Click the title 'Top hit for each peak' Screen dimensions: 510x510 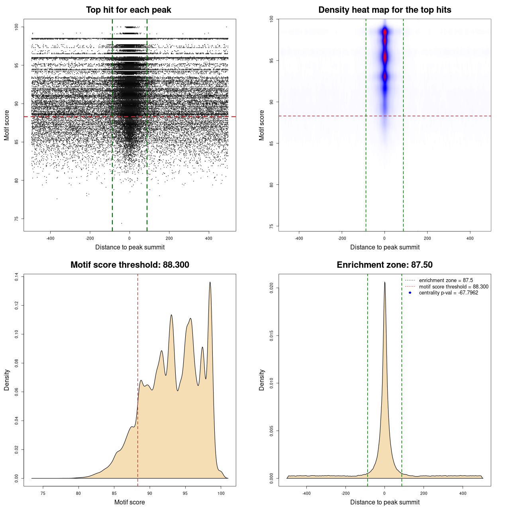click(x=128, y=10)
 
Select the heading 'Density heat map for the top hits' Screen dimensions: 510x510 click(x=384, y=10)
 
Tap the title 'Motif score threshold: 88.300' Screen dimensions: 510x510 click(x=129, y=265)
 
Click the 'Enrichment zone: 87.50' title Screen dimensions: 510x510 click(x=384, y=265)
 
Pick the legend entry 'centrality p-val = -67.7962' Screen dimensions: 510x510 click(x=448, y=293)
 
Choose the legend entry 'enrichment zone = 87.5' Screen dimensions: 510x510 click(x=446, y=280)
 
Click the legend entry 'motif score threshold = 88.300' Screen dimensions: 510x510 click(x=453, y=287)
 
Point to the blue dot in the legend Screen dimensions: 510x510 click(x=410, y=293)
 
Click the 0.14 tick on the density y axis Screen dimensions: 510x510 click(x=16, y=277)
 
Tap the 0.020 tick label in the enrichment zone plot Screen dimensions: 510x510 click(x=271, y=288)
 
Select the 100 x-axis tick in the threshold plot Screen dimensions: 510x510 click(x=221, y=493)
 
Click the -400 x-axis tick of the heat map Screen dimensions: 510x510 click(x=299, y=238)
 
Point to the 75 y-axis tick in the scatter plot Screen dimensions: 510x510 click(x=16, y=219)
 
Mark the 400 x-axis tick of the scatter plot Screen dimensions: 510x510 click(x=209, y=238)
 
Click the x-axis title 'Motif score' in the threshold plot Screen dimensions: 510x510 click(x=129, y=502)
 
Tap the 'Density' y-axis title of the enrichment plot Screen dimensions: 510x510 click(x=262, y=380)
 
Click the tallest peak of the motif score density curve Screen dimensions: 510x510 click(x=210, y=282)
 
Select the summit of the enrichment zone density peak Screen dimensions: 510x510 click(x=384, y=282)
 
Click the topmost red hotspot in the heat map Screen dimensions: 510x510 click(x=385, y=31)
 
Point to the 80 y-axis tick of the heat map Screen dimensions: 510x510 click(x=271, y=185)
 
